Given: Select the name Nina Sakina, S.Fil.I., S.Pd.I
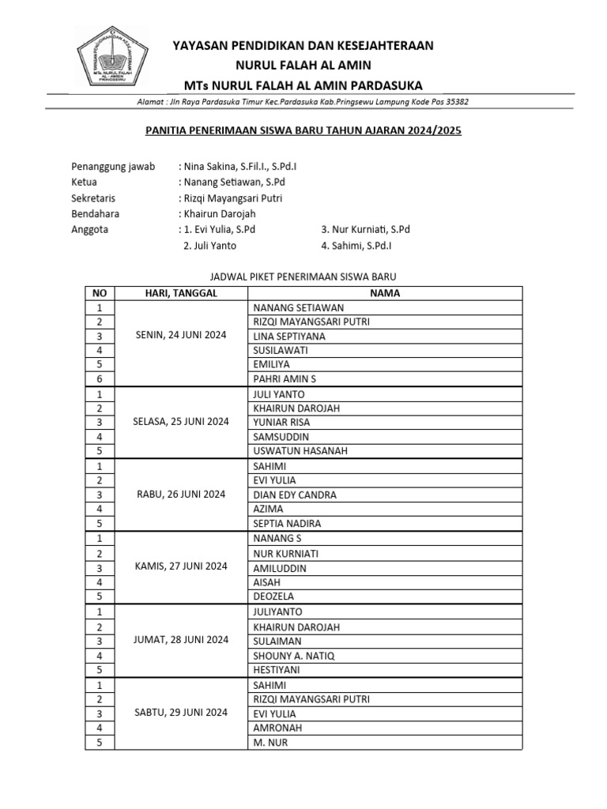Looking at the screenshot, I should coord(240,167).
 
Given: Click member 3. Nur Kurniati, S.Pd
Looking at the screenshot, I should coord(365,230).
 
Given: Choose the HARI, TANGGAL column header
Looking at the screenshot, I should coord(181,293).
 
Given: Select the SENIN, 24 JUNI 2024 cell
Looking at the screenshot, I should coord(181,336).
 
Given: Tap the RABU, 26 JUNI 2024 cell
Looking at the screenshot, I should coord(181,495).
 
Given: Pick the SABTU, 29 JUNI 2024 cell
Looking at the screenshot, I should coord(181,713).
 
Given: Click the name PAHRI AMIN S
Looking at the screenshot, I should coord(284,379).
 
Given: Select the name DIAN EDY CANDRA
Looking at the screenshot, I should coord(294,495).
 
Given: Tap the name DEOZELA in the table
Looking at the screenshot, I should coord(273,596).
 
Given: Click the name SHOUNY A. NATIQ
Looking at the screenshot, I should coord(293,655).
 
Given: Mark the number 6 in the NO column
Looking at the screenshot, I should coord(100,379).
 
